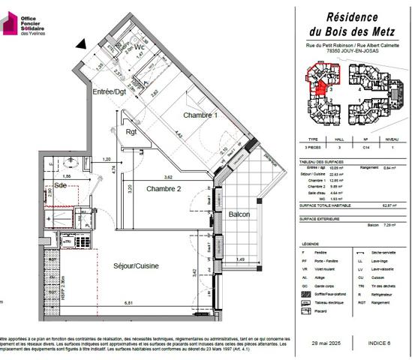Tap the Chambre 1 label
click(200, 115)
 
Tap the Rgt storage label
click(131, 133)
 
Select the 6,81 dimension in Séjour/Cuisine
click(129, 304)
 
